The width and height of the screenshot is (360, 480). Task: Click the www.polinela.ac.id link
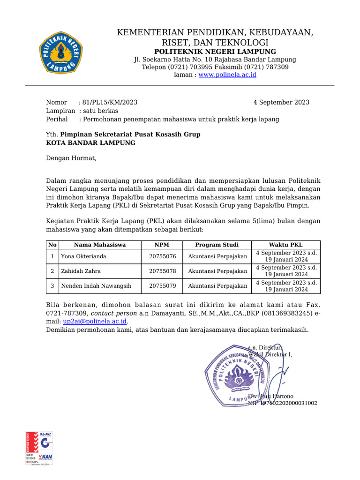pos(227,75)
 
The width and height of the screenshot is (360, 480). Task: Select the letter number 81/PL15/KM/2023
pos(110,102)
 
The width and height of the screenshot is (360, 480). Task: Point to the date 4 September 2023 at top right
pos(281,102)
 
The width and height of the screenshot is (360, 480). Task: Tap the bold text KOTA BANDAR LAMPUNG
pos(90,142)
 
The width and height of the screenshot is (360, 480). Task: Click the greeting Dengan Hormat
pos(71,157)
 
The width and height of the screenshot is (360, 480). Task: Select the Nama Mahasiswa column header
pos(100,245)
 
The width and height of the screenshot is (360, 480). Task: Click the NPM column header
pos(162,245)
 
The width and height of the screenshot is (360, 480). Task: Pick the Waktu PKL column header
pos(286,245)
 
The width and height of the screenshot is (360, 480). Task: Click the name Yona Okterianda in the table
pos(83,256)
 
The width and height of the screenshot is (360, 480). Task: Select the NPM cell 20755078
pos(162,271)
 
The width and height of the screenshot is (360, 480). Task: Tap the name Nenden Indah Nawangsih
pos(96,285)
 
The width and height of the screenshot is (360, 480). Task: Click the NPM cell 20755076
pos(162,256)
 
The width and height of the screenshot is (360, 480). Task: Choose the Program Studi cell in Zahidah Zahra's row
pos(217,271)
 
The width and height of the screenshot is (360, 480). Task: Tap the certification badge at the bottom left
pos(39,448)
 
